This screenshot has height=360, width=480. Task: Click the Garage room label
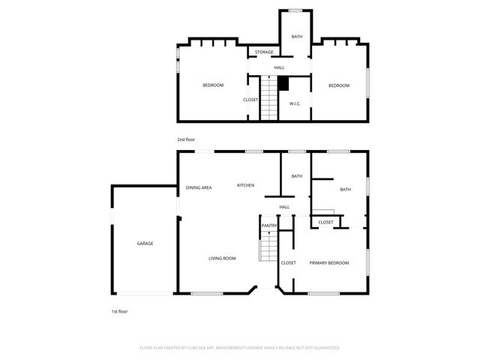coord(145,244)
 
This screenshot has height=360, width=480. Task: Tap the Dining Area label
coord(199,187)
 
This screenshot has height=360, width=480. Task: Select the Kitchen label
coord(246,185)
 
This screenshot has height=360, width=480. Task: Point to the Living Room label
coord(222,258)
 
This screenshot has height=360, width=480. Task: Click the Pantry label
coord(268,226)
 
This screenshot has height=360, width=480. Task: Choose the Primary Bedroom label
coord(329,262)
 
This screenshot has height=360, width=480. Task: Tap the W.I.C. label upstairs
coord(295,103)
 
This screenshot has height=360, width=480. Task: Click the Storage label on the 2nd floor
coord(263,52)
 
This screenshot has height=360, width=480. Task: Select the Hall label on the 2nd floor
coord(279,68)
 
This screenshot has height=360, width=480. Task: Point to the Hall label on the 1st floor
coord(284,207)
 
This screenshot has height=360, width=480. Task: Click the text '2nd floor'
coord(185,139)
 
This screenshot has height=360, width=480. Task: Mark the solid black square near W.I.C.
coord(283,83)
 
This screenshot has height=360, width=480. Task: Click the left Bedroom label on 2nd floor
coord(213,85)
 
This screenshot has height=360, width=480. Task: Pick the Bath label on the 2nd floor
coord(297,37)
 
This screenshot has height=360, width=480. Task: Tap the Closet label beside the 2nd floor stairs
coord(250,100)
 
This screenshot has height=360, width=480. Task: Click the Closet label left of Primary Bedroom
coord(288,262)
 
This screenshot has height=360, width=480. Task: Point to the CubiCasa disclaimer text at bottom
coord(240,348)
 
